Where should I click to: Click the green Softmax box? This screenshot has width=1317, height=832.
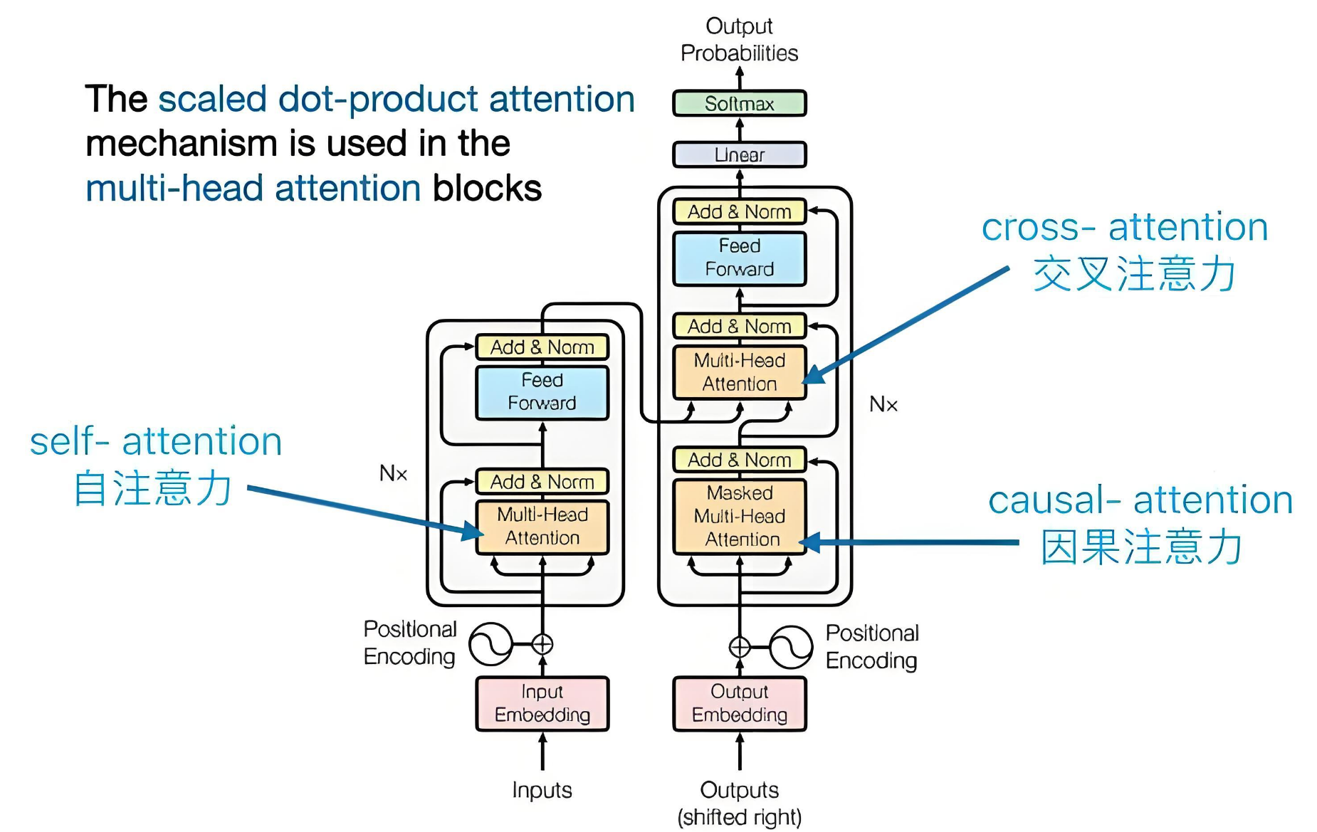click(x=739, y=104)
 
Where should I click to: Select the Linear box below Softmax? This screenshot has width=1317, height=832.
click(x=739, y=154)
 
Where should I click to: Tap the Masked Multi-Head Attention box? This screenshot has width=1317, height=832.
click(x=739, y=516)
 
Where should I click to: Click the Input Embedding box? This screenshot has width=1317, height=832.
click(x=542, y=703)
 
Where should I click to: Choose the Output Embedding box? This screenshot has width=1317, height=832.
click(x=739, y=703)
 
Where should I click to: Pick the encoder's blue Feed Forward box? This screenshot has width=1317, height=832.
click(x=542, y=392)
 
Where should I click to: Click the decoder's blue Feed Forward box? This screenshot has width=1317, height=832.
click(x=739, y=258)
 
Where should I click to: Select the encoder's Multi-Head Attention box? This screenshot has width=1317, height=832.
click(x=542, y=527)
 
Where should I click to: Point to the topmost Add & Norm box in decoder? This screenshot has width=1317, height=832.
click(x=739, y=211)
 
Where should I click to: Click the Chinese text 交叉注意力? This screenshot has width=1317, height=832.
click(x=1133, y=274)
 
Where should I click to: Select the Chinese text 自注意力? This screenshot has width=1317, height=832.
click(x=153, y=488)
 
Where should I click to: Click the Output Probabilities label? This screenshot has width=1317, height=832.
click(x=739, y=40)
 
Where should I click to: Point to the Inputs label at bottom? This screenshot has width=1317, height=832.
click(x=542, y=790)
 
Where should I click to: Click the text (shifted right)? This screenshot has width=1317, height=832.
click(x=739, y=817)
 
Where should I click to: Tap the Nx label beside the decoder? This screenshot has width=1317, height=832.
click(x=883, y=404)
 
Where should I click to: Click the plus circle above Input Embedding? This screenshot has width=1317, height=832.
click(x=542, y=644)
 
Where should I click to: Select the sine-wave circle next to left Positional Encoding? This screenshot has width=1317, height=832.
click(x=490, y=644)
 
